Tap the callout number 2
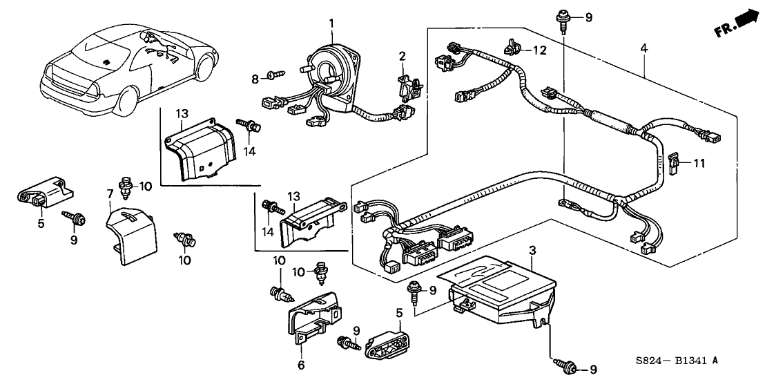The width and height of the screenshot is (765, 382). click(x=401, y=55)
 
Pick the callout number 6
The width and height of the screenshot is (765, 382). click(x=300, y=365)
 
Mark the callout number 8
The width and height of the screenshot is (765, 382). click(x=255, y=80)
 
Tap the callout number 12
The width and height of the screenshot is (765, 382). click(x=539, y=50)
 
